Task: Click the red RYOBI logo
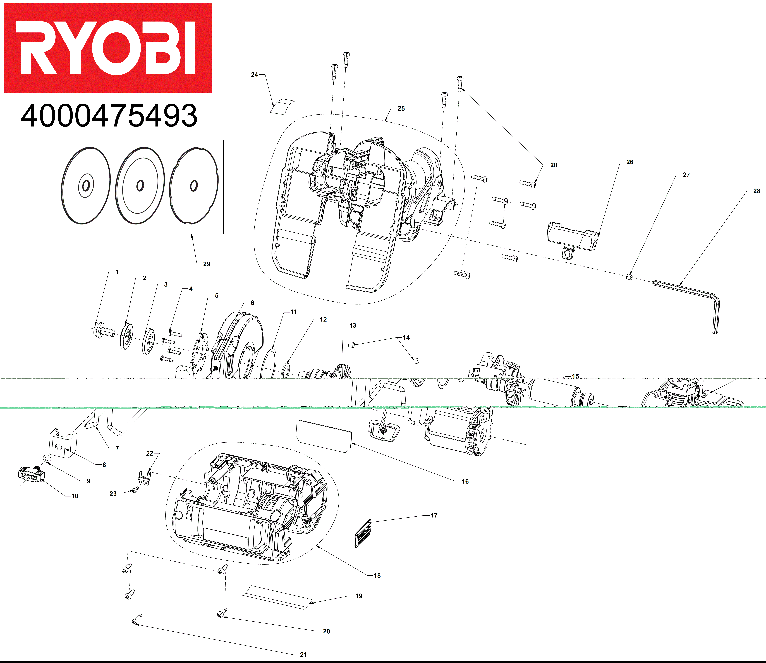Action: (x=108, y=48)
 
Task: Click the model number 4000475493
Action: (x=109, y=116)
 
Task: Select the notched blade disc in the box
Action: (x=194, y=186)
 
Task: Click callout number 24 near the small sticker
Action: (x=254, y=74)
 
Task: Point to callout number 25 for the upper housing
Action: (x=401, y=108)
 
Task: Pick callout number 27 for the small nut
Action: (x=686, y=175)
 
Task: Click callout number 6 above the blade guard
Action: (x=253, y=303)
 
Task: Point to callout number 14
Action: (x=406, y=337)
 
